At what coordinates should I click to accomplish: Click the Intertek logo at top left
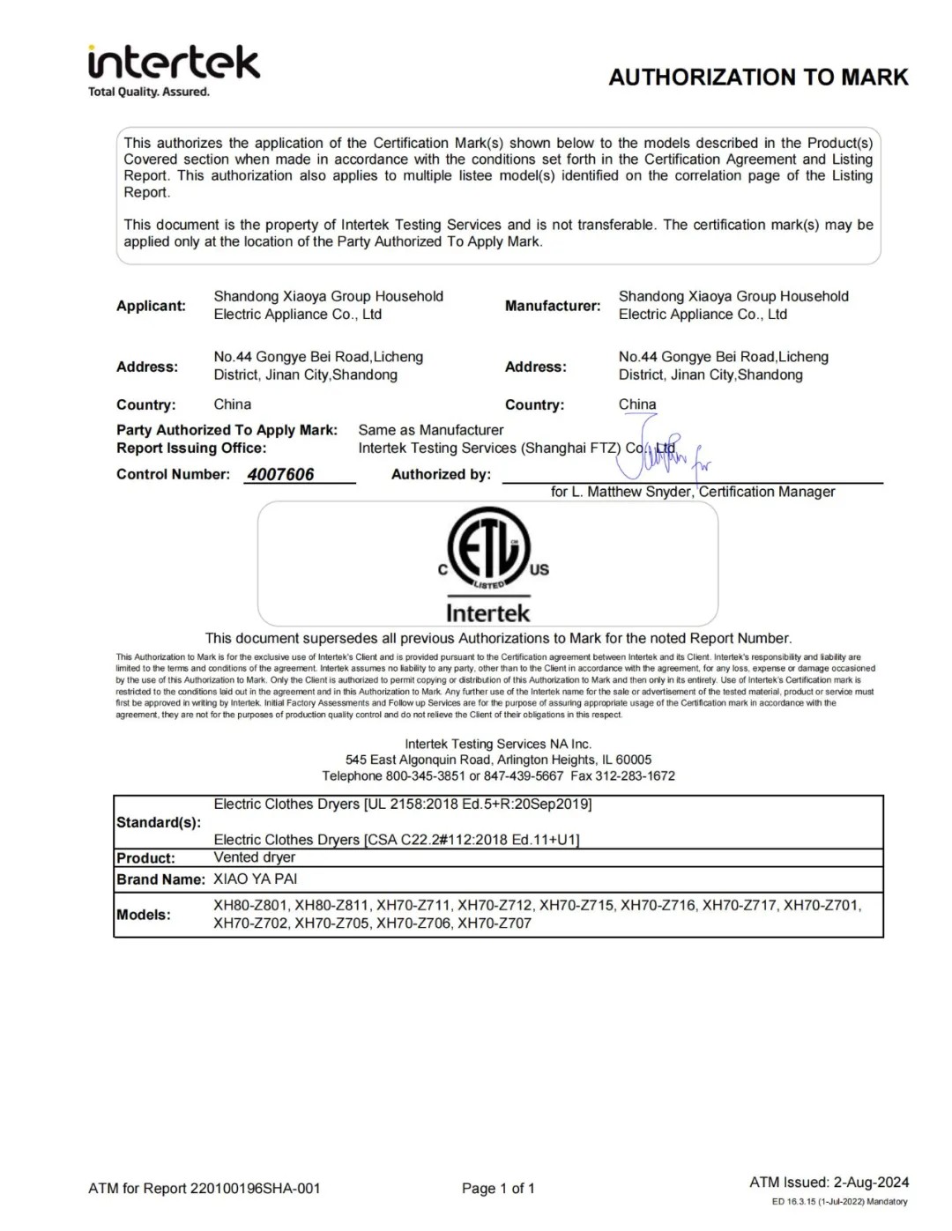tap(174, 63)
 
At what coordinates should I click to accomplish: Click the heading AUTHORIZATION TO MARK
tap(758, 78)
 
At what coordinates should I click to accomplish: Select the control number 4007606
tap(280, 474)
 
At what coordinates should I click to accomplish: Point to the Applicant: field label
tap(151, 306)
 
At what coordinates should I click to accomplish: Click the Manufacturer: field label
tap(553, 306)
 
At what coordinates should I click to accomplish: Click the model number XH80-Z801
tap(250, 905)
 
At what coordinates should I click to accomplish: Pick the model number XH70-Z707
tap(495, 923)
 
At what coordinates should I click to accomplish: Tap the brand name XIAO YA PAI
tap(256, 879)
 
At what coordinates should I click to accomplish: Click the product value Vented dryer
tap(255, 857)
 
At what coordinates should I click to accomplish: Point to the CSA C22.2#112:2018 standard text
tap(472, 840)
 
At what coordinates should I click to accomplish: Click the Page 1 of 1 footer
tap(498, 1189)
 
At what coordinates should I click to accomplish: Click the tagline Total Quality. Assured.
tap(149, 92)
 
